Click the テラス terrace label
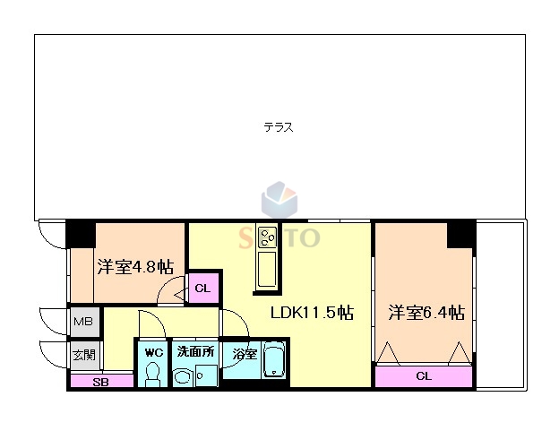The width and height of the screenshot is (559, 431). pyautogui.click(x=279, y=127)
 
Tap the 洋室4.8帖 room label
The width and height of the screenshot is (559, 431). pyautogui.click(x=135, y=267)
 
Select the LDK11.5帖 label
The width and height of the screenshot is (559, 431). pyautogui.click(x=312, y=313)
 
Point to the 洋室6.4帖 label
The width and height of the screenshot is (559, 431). pyautogui.click(x=426, y=313)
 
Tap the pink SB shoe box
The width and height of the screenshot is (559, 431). pyautogui.click(x=100, y=381)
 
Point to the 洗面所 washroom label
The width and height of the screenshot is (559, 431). pyautogui.click(x=194, y=352)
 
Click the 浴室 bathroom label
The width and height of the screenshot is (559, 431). pyautogui.click(x=245, y=354)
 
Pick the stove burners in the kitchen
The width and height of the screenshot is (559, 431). pyautogui.click(x=267, y=237)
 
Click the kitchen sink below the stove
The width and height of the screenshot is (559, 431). pyautogui.click(x=267, y=270)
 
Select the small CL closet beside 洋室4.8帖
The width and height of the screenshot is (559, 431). pyautogui.click(x=202, y=289)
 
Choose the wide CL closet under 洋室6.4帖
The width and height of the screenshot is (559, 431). pyautogui.click(x=423, y=376)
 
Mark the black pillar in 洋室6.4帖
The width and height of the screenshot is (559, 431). pyautogui.click(x=460, y=235)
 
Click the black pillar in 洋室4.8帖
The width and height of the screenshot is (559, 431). pyautogui.click(x=81, y=233)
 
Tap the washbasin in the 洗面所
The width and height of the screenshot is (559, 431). pyautogui.click(x=185, y=377)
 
